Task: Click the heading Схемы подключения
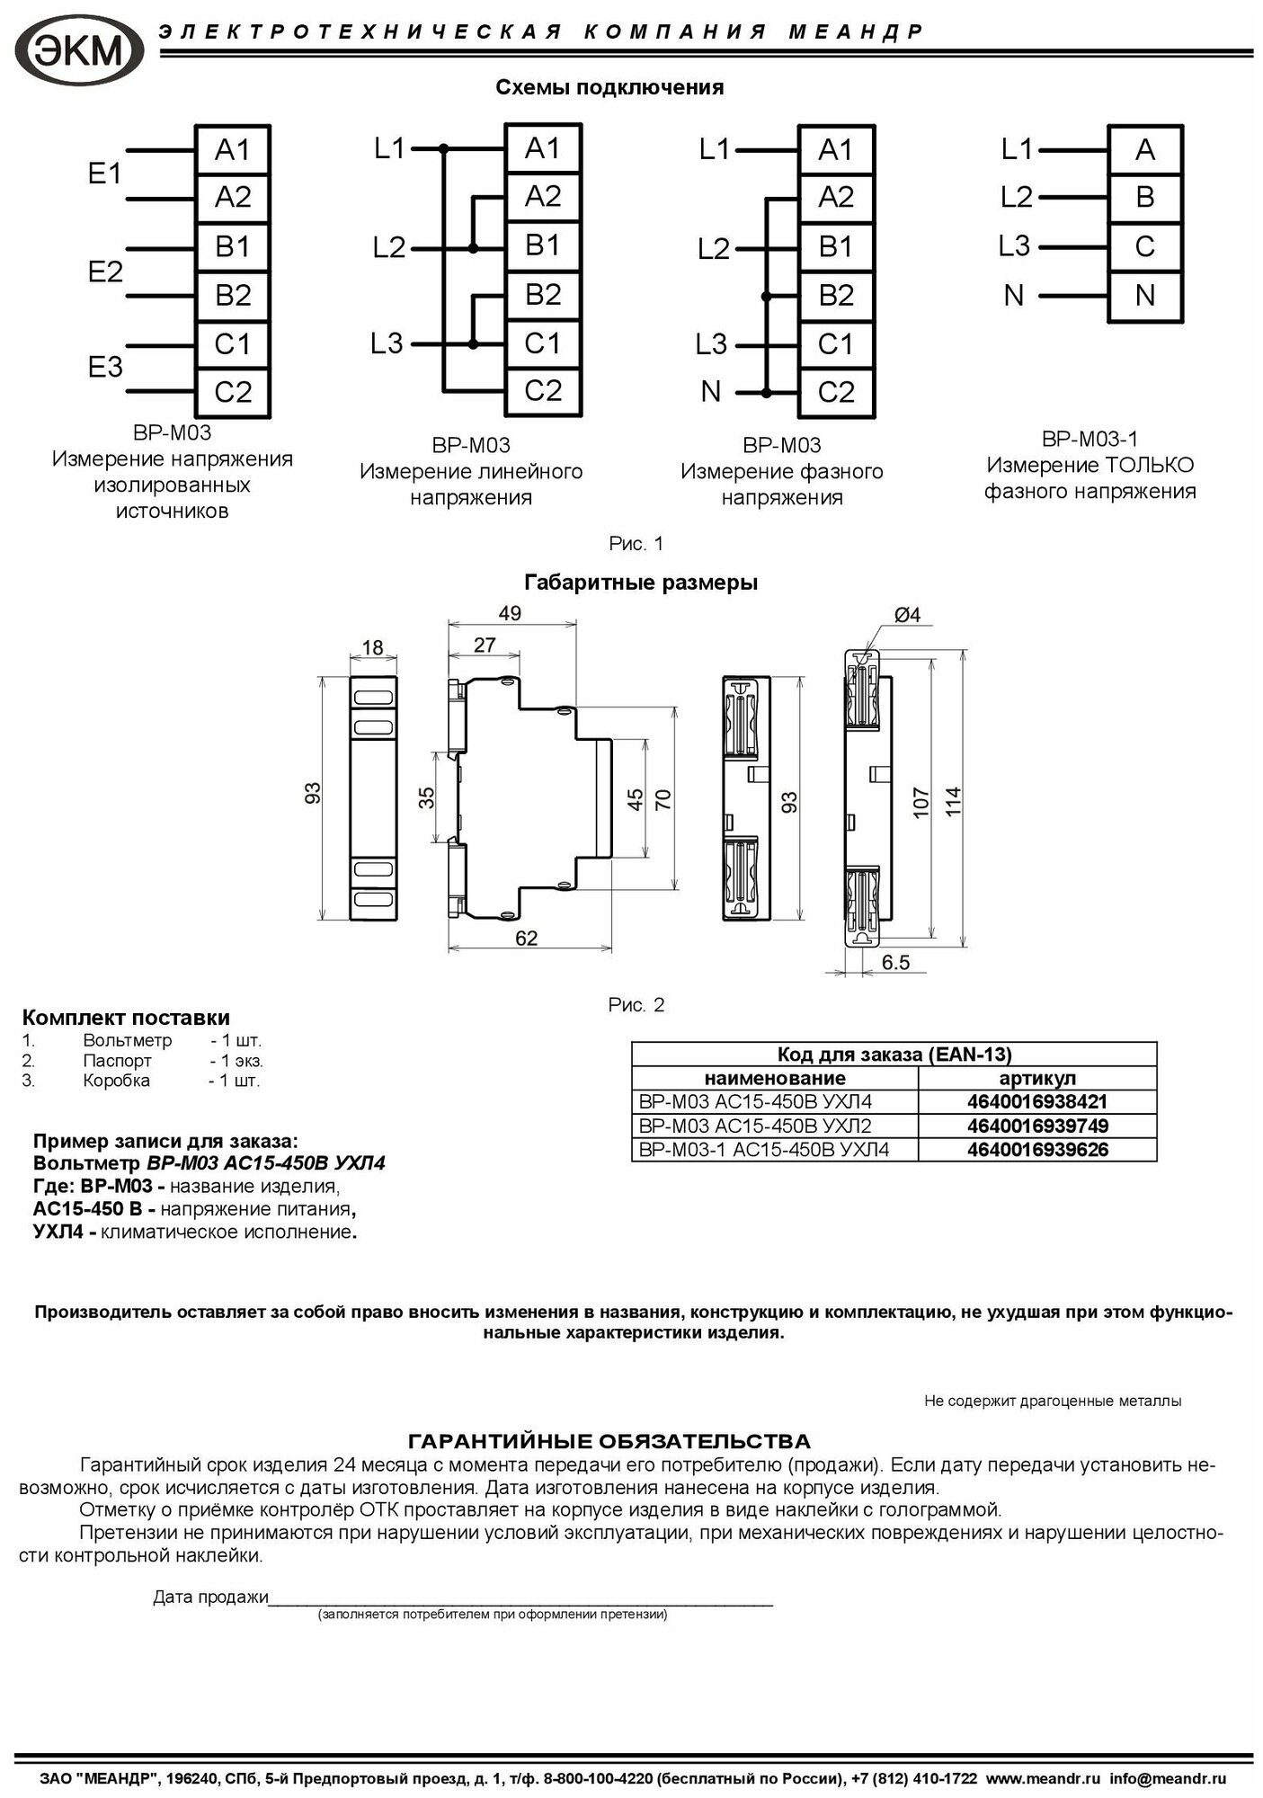[609, 87]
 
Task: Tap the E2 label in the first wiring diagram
[105, 271]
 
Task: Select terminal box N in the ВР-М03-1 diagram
[1144, 295]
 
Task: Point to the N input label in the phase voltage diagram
[710, 391]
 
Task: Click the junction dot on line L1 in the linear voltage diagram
[442, 148]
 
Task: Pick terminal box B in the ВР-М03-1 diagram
[1144, 197]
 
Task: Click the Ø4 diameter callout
[906, 615]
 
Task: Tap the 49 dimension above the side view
[510, 613]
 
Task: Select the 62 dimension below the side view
[527, 938]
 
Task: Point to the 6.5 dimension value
[895, 962]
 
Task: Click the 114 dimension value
[954, 800]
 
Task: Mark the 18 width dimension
[372, 647]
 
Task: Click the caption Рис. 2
[636, 1005]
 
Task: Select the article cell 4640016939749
[1037, 1126]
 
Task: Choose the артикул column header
[1037, 1078]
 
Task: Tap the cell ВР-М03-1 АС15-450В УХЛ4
[763, 1149]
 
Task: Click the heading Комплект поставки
[126, 1018]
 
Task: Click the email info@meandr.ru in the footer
[1167, 1779]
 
